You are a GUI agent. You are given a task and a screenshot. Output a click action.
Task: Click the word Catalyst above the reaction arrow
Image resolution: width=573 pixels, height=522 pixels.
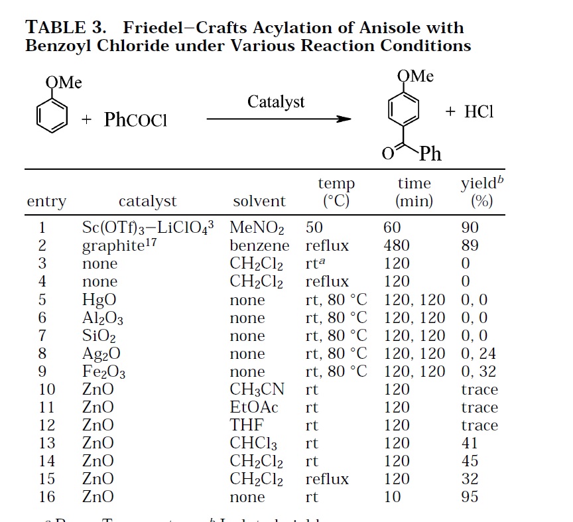coord(276,101)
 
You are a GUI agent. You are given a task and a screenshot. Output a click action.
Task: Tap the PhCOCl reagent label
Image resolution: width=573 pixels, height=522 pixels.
coord(135,120)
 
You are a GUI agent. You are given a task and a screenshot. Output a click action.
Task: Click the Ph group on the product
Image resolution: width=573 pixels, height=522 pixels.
coord(430,155)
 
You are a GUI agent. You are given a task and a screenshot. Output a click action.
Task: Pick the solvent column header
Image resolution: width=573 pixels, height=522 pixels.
coord(259,201)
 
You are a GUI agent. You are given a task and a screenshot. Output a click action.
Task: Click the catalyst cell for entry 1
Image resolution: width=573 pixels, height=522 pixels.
coord(148,228)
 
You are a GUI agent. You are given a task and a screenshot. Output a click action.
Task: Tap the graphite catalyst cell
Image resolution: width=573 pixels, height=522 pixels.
coord(113,246)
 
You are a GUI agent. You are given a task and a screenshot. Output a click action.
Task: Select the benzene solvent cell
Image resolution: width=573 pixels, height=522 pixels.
coord(259,245)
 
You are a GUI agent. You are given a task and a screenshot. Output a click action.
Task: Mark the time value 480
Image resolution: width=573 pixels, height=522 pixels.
coord(397,245)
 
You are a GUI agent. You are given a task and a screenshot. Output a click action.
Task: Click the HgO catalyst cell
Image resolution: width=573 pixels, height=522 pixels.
coord(98,300)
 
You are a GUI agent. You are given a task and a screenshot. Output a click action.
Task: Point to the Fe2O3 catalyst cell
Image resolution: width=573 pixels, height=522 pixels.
coord(103,372)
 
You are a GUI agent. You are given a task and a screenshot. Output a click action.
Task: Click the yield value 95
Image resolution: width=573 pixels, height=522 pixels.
coord(469,497)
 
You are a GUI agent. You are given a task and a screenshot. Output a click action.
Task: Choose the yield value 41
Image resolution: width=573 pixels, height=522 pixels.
coord(469,443)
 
